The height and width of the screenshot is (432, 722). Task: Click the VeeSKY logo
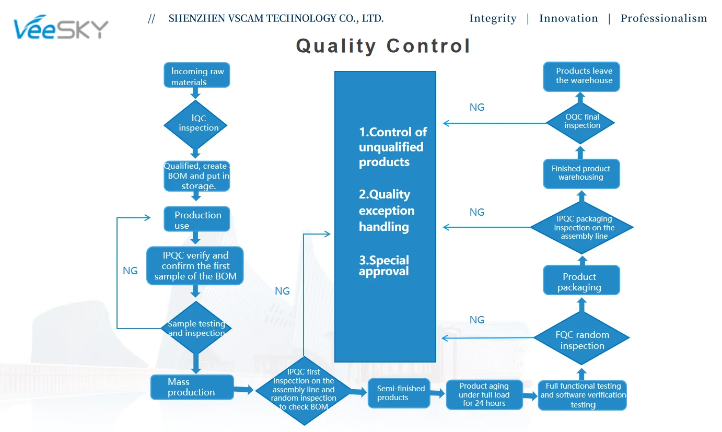(61, 29)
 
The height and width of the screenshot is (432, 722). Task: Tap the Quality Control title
(383, 46)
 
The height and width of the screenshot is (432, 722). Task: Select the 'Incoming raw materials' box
(196, 76)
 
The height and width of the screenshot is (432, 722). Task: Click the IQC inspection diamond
(195, 124)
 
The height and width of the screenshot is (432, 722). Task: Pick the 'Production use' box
(196, 219)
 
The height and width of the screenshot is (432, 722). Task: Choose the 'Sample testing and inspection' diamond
(196, 329)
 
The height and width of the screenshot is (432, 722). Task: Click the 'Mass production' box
(191, 387)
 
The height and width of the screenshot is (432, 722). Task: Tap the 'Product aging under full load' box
(484, 394)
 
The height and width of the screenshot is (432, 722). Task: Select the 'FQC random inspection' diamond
(581, 340)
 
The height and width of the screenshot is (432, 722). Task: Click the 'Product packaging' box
(581, 281)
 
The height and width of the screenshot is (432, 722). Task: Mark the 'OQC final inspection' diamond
(580, 122)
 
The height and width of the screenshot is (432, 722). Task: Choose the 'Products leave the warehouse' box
(581, 76)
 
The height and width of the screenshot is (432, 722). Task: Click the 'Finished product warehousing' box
(581, 173)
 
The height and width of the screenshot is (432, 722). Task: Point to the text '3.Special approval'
(384, 265)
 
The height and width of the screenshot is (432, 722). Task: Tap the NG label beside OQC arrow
(477, 108)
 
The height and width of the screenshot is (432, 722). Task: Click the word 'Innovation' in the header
(568, 19)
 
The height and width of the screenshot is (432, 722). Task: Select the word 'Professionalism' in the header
(663, 19)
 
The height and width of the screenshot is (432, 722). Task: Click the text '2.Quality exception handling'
(387, 211)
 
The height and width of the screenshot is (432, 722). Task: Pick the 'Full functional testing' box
(583, 395)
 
